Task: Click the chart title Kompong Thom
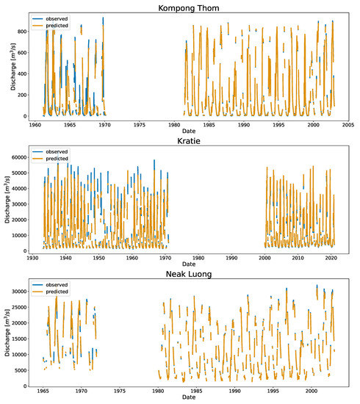tap(189, 8)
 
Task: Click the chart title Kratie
tap(189, 141)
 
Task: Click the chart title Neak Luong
tap(189, 274)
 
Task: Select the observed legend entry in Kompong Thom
tap(50, 19)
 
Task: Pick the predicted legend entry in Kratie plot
tap(50, 159)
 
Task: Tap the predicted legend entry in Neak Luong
tap(50, 292)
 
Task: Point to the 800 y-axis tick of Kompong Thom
tap(22, 32)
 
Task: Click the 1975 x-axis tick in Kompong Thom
tap(140, 125)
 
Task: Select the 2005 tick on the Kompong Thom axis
tap(348, 125)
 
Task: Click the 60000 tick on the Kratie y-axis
tap(19, 157)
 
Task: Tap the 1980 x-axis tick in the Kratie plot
tap(198, 258)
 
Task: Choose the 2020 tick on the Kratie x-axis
tap(331, 258)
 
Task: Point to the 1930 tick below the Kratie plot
tap(32, 258)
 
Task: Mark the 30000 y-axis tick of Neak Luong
tap(19, 291)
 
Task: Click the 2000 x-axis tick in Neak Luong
tap(312, 391)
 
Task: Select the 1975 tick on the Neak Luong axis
tap(120, 391)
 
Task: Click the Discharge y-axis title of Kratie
tap(7, 199)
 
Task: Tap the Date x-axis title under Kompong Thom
tap(189, 131)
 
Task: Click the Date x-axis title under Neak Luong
tap(189, 397)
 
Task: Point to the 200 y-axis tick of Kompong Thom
tap(22, 95)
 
